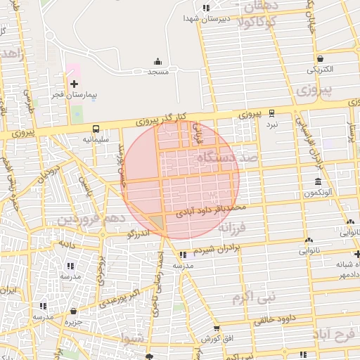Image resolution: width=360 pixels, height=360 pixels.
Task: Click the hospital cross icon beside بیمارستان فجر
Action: (x=74, y=84)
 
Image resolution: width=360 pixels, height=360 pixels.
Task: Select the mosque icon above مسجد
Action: (x=157, y=61)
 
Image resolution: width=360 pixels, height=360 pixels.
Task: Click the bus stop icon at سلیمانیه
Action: (x=96, y=129)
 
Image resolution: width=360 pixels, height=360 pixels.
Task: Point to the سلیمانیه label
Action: (x=96, y=139)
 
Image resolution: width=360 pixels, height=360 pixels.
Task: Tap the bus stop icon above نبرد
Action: (x=271, y=112)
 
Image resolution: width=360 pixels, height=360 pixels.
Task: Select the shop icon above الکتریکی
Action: (x=321, y=59)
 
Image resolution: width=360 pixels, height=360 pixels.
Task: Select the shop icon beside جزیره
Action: (x=73, y=311)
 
